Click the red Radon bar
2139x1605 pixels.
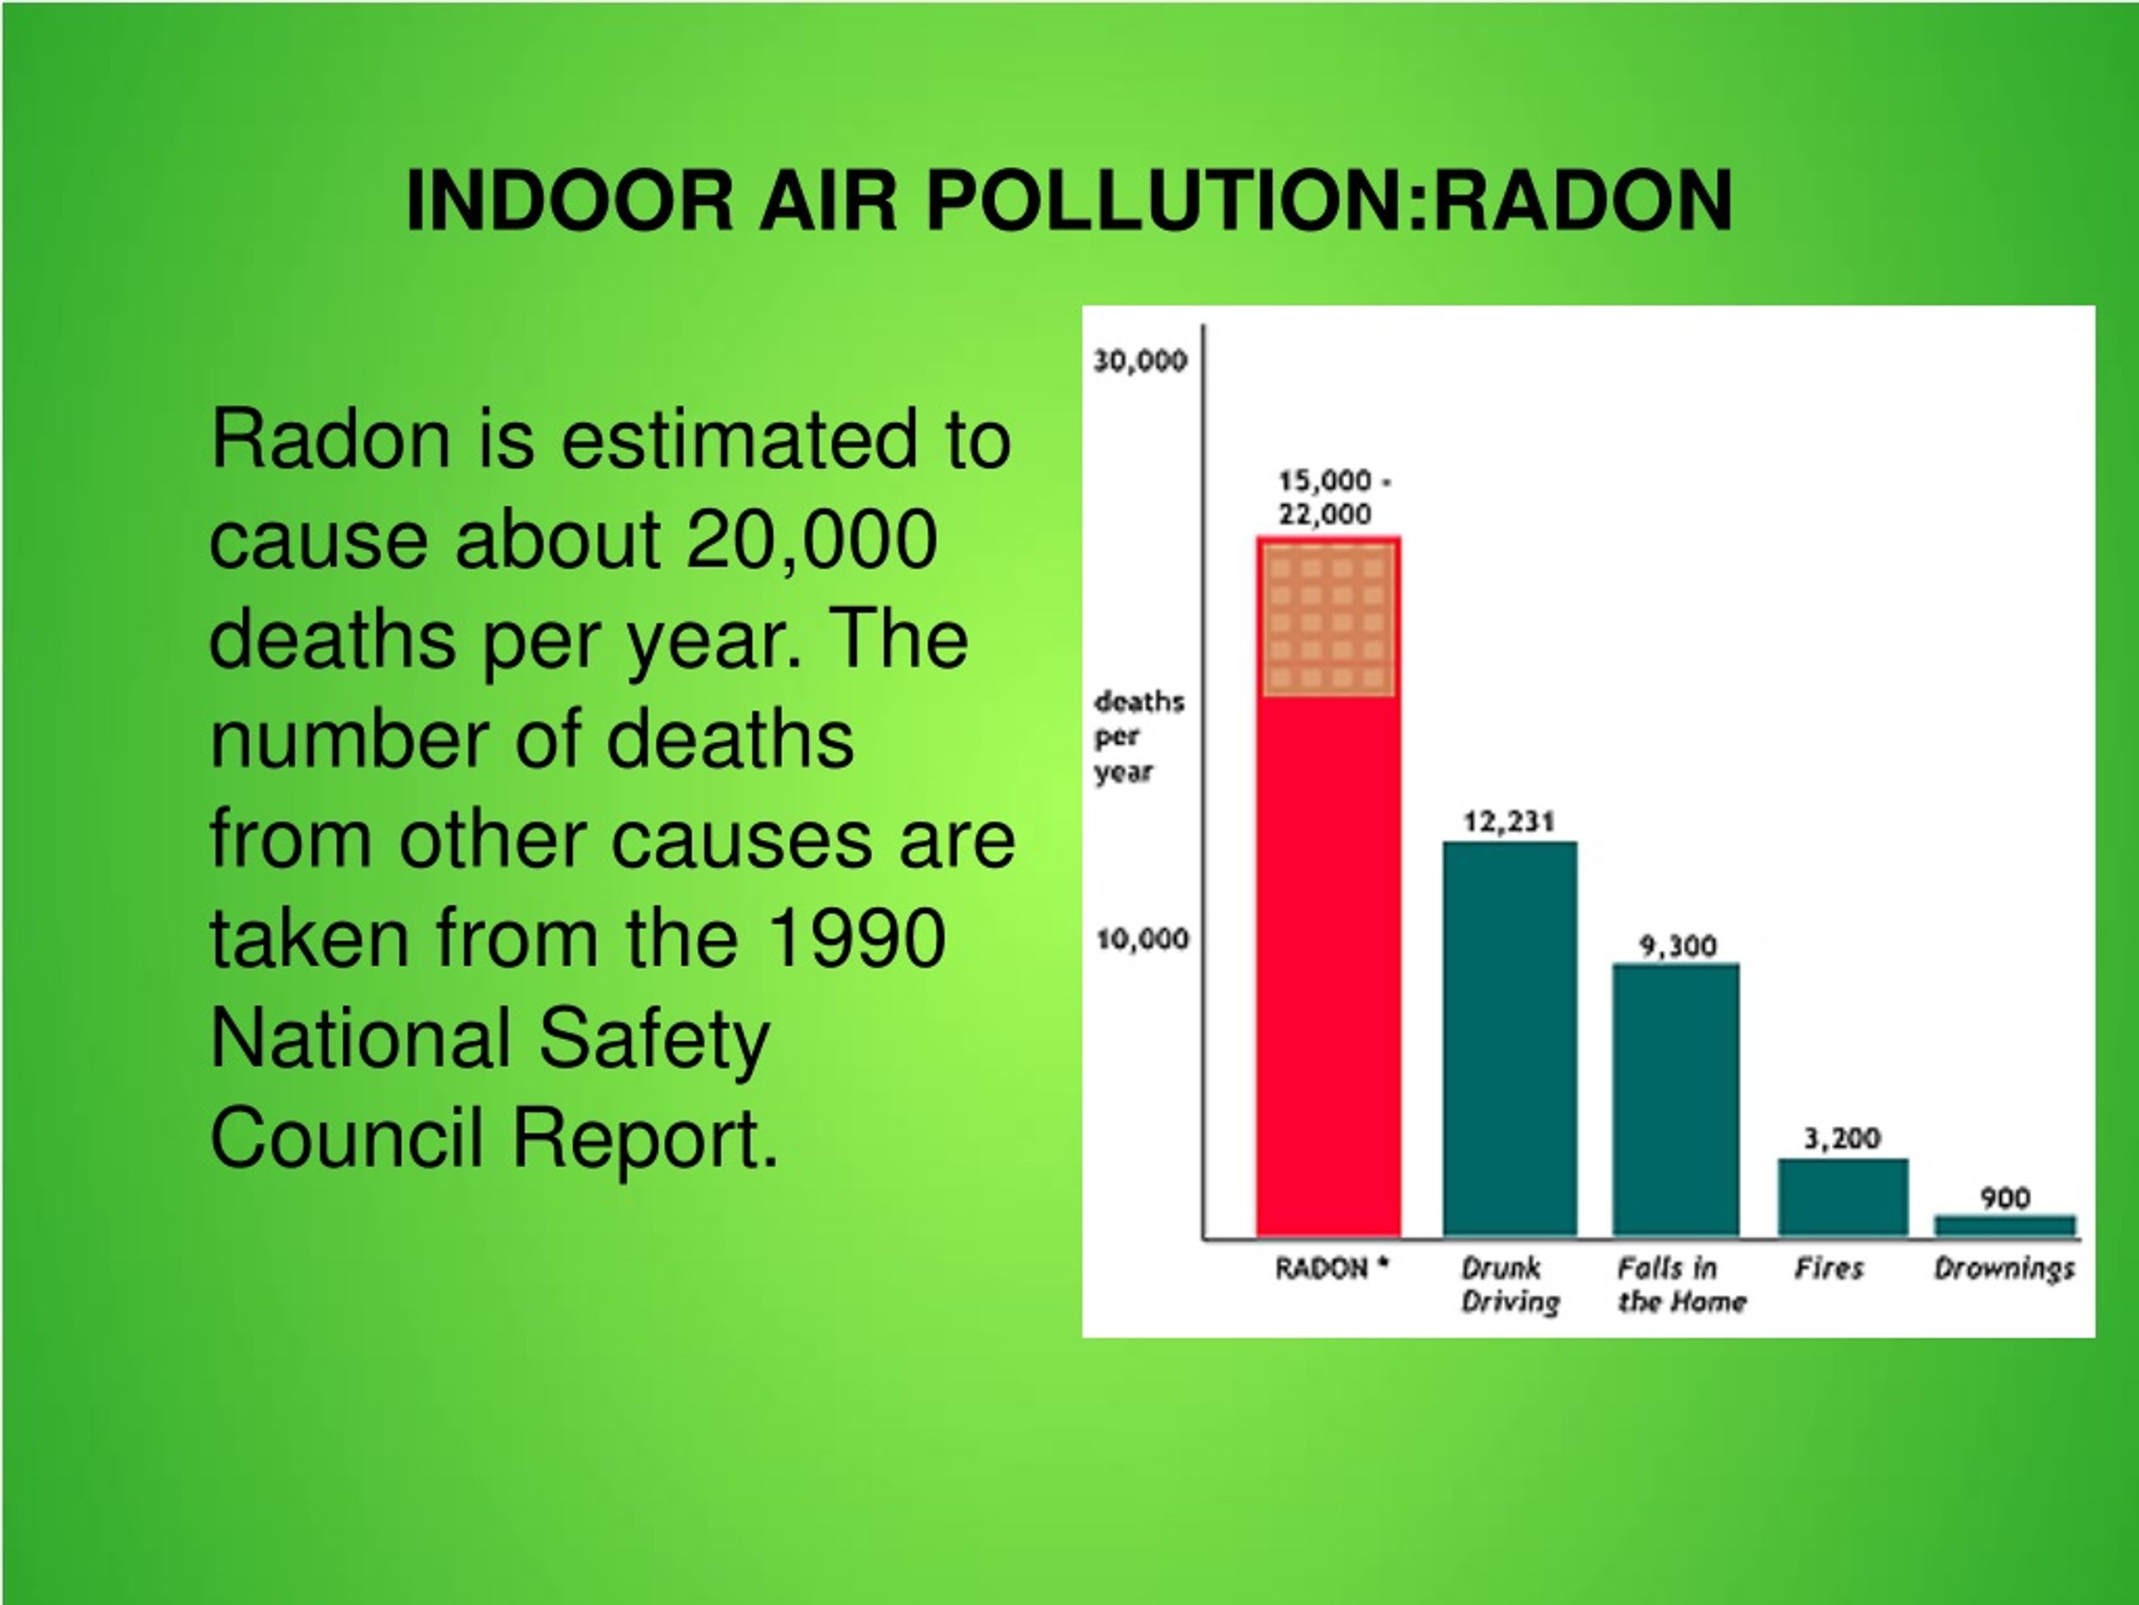[1329, 886]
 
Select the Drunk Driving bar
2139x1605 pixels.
[1511, 1039]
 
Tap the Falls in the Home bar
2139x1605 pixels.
[1676, 1100]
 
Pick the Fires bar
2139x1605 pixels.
[1843, 1198]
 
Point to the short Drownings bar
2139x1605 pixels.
[2005, 1225]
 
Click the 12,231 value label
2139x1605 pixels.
[1510, 822]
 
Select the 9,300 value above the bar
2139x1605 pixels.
[1678, 945]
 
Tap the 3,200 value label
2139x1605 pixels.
[1842, 1138]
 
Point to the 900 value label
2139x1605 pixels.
[2004, 1198]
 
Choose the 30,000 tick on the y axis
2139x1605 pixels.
[1140, 361]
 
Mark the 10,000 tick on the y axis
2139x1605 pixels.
[1142, 939]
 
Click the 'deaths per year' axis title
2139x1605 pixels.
[1139, 737]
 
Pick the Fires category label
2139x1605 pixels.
[1828, 1268]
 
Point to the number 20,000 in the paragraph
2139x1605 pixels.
[811, 540]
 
